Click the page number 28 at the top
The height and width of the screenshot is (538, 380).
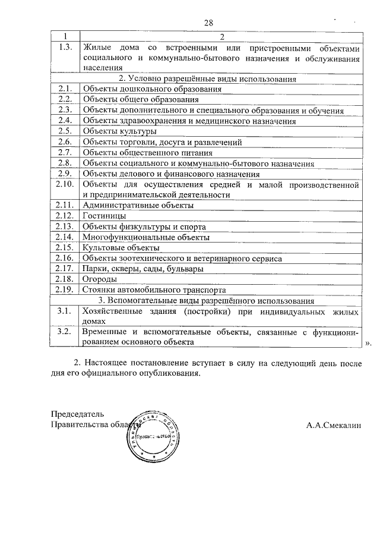tap(208, 23)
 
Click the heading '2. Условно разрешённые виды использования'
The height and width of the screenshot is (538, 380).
tap(207, 78)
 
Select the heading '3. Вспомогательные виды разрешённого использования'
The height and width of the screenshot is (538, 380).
tap(207, 301)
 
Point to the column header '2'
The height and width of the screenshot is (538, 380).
tap(221, 37)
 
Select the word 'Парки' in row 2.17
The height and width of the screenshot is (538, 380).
tap(95, 269)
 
